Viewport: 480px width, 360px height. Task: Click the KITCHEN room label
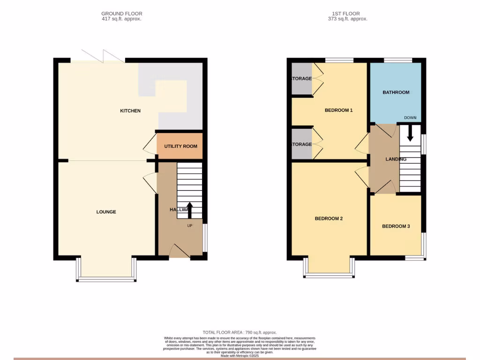130,111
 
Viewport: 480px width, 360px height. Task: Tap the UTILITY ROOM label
180,146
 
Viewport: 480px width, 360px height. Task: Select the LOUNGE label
106,212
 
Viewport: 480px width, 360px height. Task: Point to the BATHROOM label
396,93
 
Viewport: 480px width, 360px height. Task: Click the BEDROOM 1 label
338,111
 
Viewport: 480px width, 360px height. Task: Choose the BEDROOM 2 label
329,218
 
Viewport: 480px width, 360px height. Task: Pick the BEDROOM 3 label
396,226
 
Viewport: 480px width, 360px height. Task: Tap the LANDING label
396,159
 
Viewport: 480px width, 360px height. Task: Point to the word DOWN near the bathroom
410,118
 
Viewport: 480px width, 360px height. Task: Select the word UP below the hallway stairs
190,225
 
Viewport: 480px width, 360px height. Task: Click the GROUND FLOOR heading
121,14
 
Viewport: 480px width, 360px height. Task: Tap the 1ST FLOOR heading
347,14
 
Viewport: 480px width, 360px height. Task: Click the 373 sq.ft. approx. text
347,19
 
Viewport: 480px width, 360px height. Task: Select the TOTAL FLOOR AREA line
240,332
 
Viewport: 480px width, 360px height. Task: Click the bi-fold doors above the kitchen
103,56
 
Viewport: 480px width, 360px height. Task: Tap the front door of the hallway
179,252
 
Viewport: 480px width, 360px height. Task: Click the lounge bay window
106,279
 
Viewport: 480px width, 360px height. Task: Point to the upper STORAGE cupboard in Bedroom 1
302,79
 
